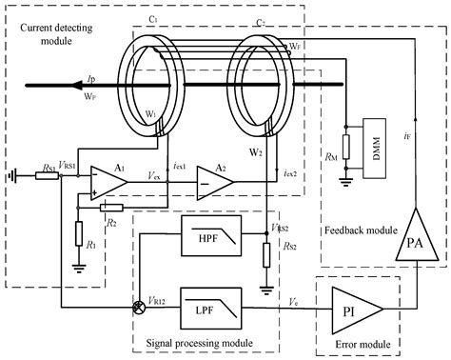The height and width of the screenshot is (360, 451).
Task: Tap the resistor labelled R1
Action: tap(77, 230)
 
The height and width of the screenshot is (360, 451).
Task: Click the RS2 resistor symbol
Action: tap(264, 251)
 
